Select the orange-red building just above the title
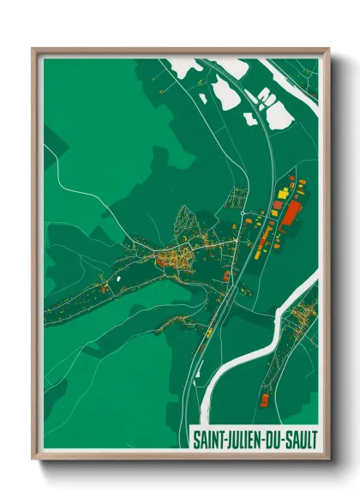click(x=265, y=400)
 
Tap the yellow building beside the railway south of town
click(x=208, y=331)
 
